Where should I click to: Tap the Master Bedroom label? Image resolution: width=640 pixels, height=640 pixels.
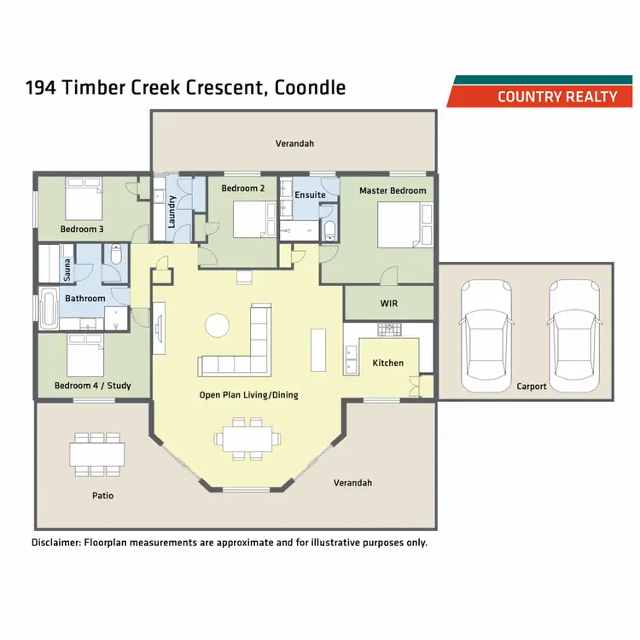393,190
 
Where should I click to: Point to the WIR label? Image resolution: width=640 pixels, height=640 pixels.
389,302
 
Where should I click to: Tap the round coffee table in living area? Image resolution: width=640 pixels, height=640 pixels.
218,325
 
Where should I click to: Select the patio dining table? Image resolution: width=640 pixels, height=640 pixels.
97,452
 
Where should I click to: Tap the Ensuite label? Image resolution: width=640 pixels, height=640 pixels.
310,195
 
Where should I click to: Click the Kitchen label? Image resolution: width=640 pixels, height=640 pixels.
388,363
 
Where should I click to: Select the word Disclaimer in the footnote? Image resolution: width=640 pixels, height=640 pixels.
56,542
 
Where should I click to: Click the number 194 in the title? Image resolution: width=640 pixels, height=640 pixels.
43,88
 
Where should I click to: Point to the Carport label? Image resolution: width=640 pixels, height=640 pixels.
532,387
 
